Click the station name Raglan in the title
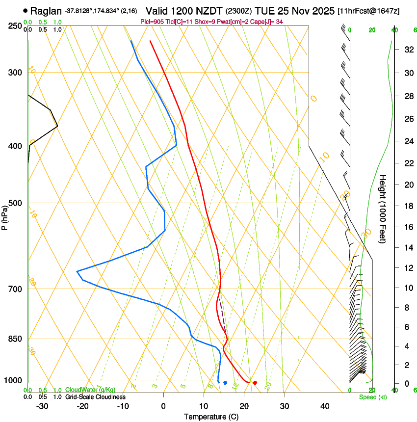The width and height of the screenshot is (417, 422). coord(46,10)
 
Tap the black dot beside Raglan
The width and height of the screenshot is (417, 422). coord(25,10)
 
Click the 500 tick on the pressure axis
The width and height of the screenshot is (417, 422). coord(14,203)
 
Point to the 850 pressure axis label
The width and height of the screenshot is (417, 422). coord(14,339)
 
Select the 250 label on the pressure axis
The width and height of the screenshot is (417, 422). coord(14,26)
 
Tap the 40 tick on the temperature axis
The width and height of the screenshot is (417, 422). coord(324,406)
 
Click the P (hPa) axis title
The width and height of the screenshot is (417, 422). coord(5,216)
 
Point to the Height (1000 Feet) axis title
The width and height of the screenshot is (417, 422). coord(383,209)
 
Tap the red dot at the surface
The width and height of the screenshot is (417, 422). coord(255,383)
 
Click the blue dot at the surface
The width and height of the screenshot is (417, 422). coord(225,383)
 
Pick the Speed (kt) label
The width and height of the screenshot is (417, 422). coord(373,397)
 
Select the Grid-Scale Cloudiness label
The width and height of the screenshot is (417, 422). coord(95,397)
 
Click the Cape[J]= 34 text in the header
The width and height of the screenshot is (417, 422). coord(269,22)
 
